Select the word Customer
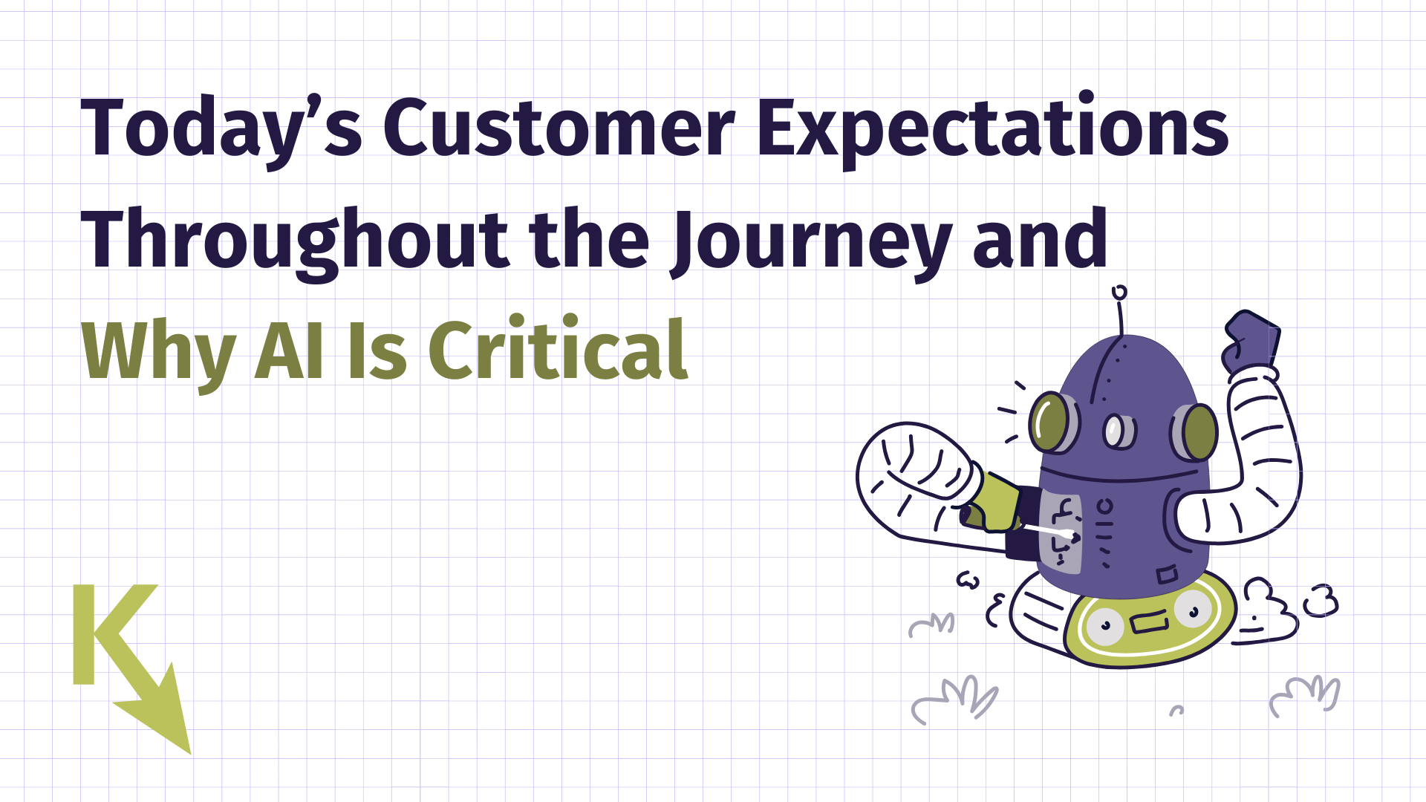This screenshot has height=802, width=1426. [559, 128]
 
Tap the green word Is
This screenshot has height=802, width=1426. [377, 351]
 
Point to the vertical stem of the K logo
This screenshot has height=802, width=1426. [84, 634]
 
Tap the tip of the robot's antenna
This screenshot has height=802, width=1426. [1119, 292]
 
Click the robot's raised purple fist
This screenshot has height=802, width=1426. [1251, 342]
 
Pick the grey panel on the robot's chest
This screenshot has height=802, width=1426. [1060, 532]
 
